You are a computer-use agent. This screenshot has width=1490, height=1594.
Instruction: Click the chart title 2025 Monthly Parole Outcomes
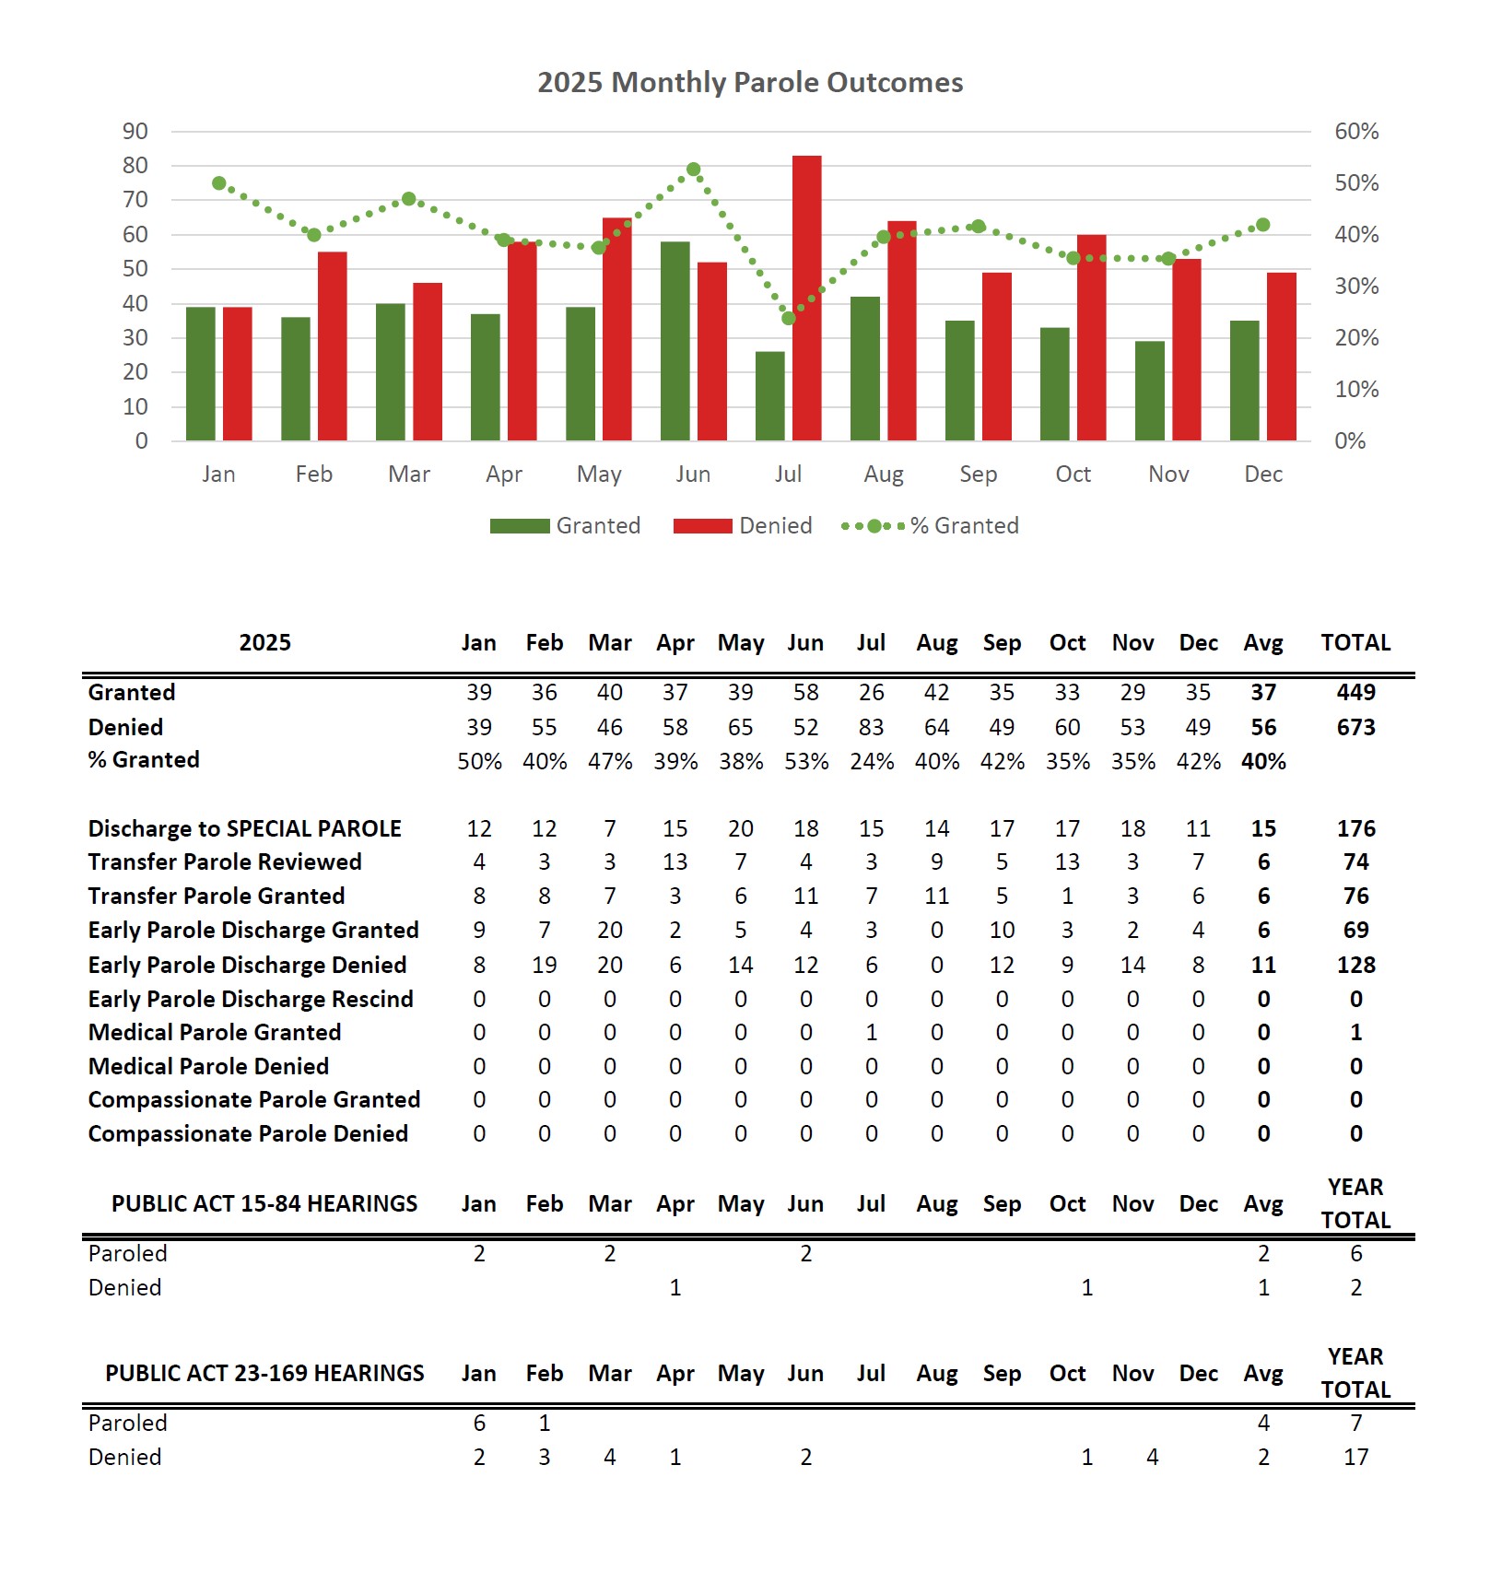point(750,83)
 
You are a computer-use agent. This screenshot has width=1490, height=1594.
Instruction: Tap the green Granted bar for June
point(675,341)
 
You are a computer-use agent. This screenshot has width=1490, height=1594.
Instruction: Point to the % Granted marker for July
point(789,318)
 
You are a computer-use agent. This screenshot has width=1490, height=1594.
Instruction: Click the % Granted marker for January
point(219,183)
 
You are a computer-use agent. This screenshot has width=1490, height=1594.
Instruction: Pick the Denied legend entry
point(743,526)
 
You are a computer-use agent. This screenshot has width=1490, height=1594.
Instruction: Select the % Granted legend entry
point(931,526)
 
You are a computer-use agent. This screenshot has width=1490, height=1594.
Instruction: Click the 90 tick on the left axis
point(135,132)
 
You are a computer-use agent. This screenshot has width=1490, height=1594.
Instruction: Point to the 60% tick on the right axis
point(1356,132)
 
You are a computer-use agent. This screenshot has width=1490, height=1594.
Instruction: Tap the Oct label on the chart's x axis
point(1073,475)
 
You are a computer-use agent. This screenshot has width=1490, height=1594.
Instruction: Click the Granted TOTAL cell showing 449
point(1355,693)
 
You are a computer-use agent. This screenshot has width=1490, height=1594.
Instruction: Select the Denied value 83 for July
point(871,728)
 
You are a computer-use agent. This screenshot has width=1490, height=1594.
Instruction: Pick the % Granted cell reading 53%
point(806,762)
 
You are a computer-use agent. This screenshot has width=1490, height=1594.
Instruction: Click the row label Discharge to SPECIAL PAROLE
point(244,829)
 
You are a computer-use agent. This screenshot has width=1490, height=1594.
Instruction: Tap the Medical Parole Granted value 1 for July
point(871,1033)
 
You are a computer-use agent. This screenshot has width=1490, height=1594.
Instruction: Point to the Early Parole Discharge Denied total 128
point(1355,966)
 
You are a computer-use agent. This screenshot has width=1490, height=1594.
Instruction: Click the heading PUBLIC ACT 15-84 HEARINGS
point(264,1204)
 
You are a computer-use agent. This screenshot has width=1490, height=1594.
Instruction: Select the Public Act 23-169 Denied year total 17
point(1355,1458)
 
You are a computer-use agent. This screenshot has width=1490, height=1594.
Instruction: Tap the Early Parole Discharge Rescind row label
point(251,1000)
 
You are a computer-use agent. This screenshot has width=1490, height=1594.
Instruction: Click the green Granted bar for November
point(1149,391)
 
